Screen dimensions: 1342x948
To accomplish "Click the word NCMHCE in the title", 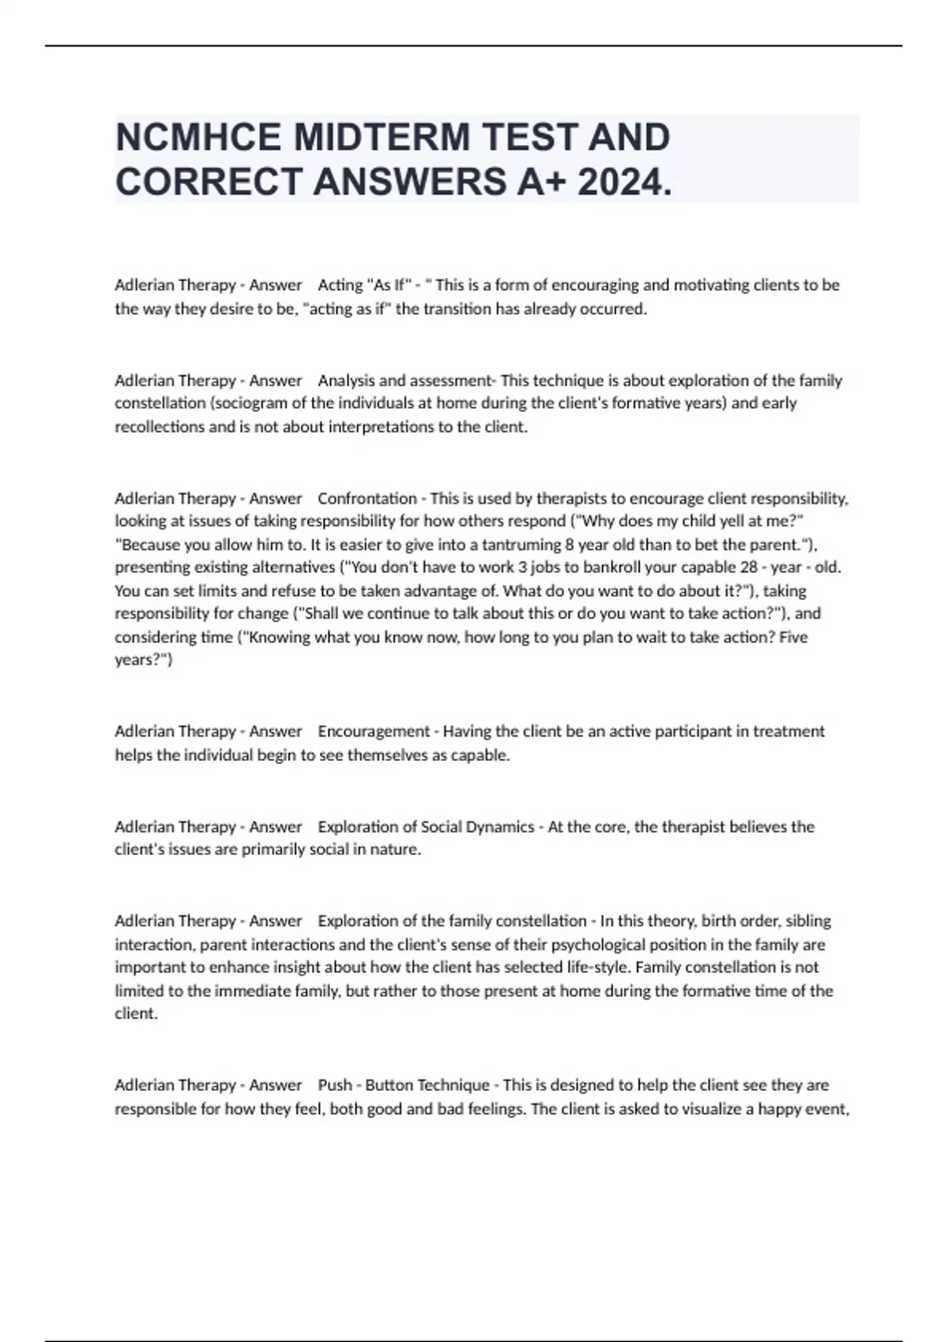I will pos(198,137).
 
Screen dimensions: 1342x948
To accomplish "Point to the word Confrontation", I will pos(367,498).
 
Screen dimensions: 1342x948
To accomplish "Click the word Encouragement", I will pos(374,731).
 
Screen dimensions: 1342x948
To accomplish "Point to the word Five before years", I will pos(793,636).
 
